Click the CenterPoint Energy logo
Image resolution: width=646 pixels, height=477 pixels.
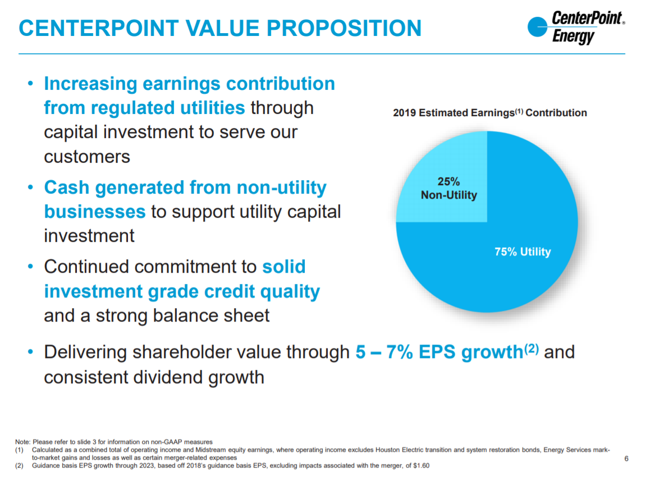(x=576, y=27)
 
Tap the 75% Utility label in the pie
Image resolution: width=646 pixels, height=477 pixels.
(x=523, y=252)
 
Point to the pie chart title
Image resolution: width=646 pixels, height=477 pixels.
(x=489, y=113)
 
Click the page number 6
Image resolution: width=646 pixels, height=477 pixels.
(x=626, y=459)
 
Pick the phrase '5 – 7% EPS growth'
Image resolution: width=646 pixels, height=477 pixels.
(x=439, y=352)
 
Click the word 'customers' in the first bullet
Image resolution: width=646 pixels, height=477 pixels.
(x=87, y=156)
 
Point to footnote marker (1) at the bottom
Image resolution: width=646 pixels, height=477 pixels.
(x=20, y=450)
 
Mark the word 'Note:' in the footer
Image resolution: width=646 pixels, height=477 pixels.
(x=24, y=442)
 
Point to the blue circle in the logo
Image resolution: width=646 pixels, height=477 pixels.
(x=538, y=27)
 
